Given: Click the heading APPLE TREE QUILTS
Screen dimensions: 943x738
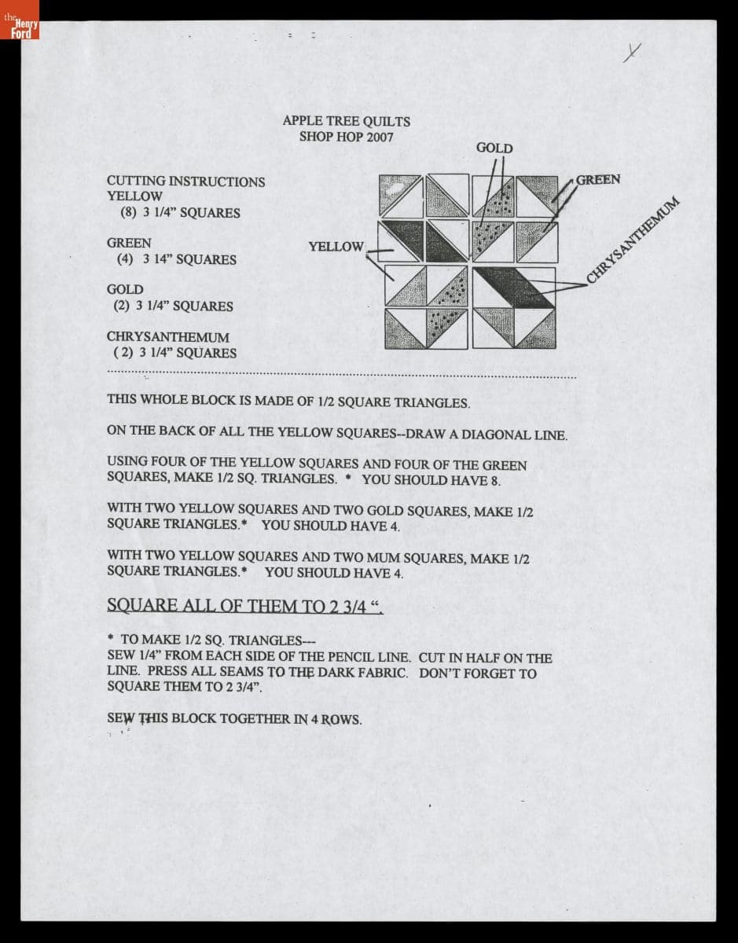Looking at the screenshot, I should coord(346,121).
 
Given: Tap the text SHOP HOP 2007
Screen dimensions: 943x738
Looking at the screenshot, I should coord(346,137).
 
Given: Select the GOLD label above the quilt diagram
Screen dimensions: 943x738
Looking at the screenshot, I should coord(494,148).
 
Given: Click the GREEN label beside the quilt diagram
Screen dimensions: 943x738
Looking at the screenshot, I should coord(598,179).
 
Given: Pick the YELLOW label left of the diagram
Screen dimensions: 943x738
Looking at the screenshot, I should coord(336,247).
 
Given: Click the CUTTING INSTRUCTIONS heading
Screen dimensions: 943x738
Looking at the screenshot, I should coord(186,182).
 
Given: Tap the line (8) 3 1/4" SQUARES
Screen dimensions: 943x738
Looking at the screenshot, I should coord(180,212).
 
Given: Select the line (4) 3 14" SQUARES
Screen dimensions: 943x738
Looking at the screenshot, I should coord(176,259).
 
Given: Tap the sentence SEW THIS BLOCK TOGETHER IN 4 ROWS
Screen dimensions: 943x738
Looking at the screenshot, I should coord(234,718).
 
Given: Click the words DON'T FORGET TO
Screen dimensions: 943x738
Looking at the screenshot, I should coord(478,673).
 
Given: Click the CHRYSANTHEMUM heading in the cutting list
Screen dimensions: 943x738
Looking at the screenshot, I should coord(168,337).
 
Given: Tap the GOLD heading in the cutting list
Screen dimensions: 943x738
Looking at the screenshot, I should coord(125,290).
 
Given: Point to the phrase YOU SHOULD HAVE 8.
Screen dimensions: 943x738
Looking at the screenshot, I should coord(431,480).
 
